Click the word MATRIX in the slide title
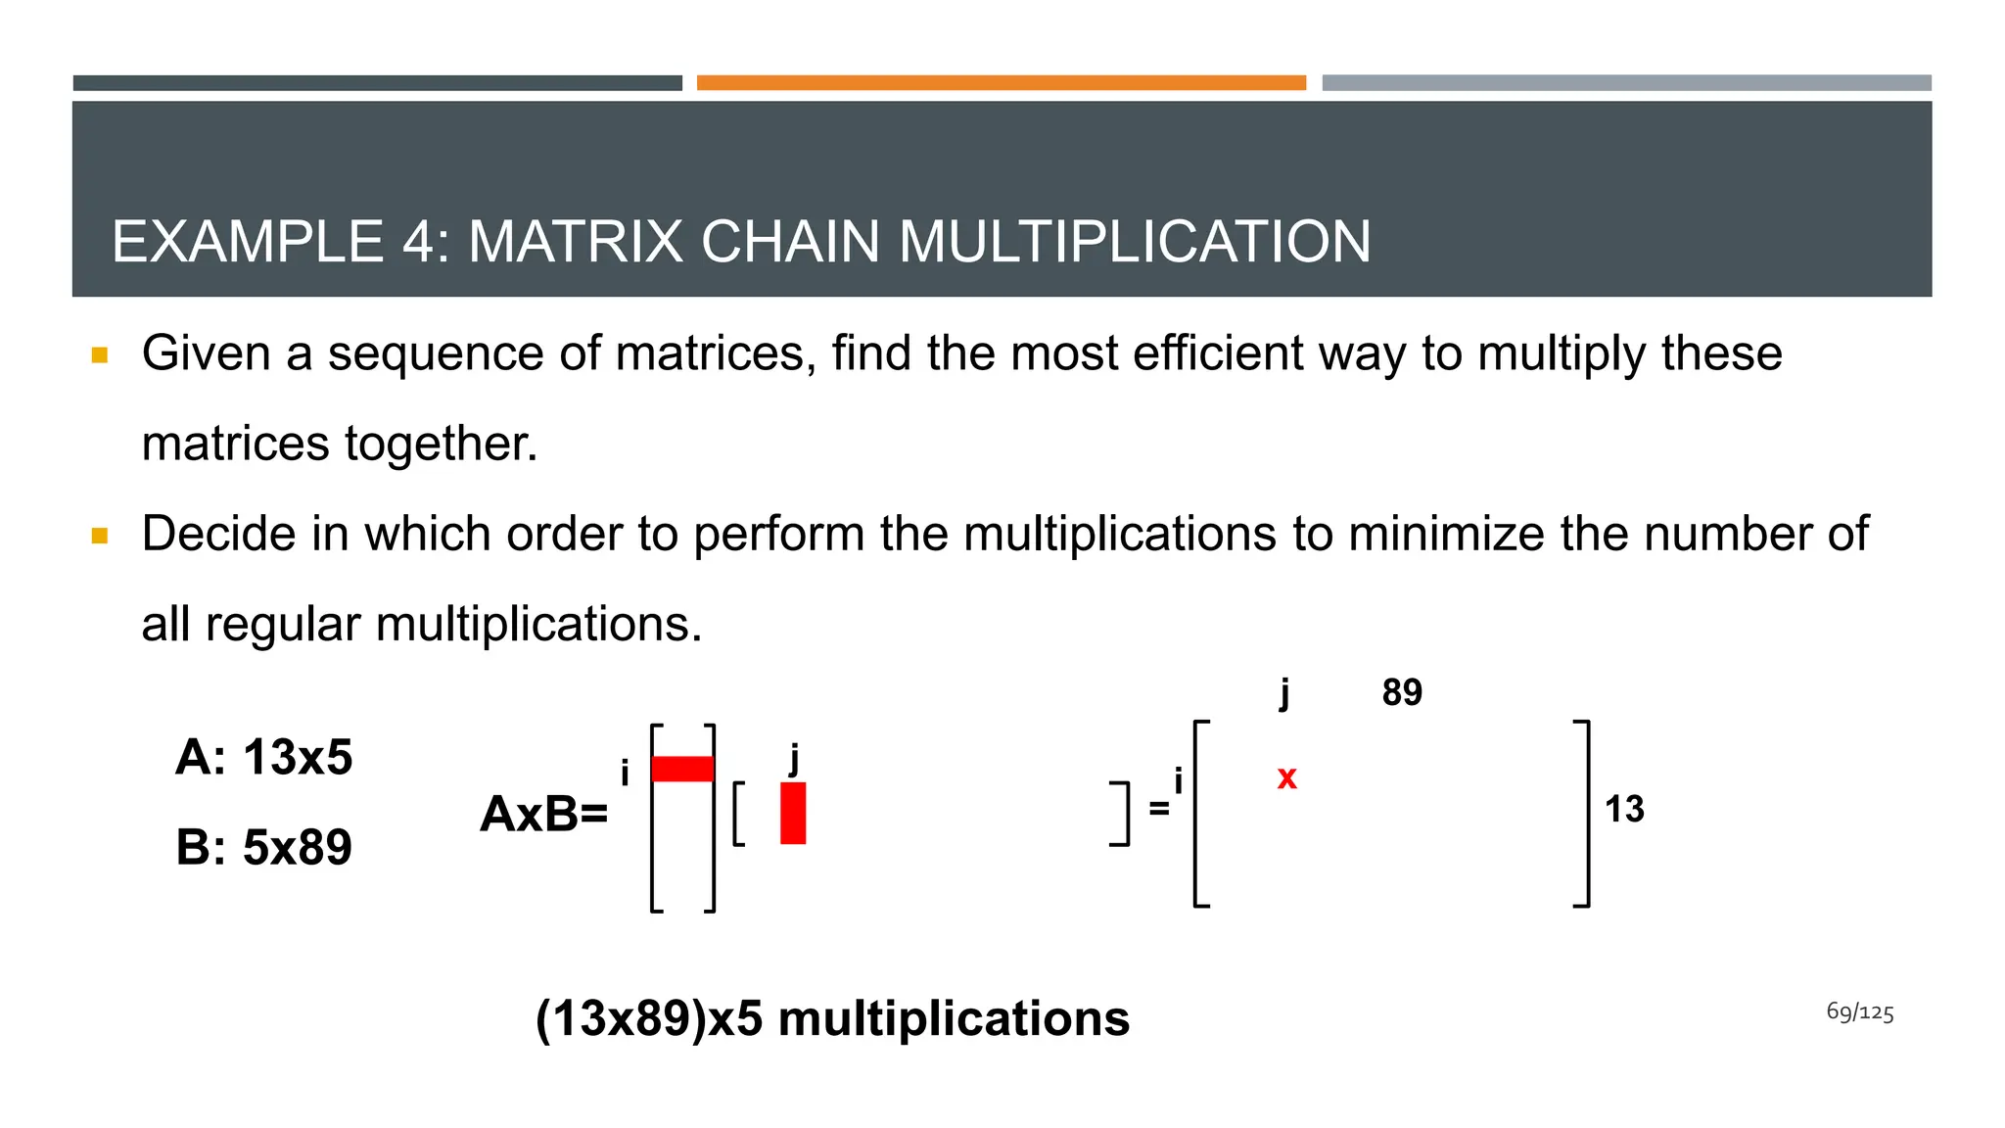(575, 242)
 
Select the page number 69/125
(1859, 1012)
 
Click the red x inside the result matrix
(1286, 778)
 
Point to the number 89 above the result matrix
(1402, 693)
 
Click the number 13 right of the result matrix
(1624, 810)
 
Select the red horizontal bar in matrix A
(682, 769)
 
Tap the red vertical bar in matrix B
(793, 813)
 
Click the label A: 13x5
(263, 757)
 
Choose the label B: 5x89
(263, 847)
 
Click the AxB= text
(543, 814)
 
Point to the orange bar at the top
(1001, 83)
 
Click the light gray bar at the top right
(1626, 83)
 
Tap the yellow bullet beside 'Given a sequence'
(99, 354)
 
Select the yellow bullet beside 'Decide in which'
(99, 536)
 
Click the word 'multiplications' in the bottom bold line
(954, 1018)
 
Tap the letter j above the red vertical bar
(794, 758)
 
